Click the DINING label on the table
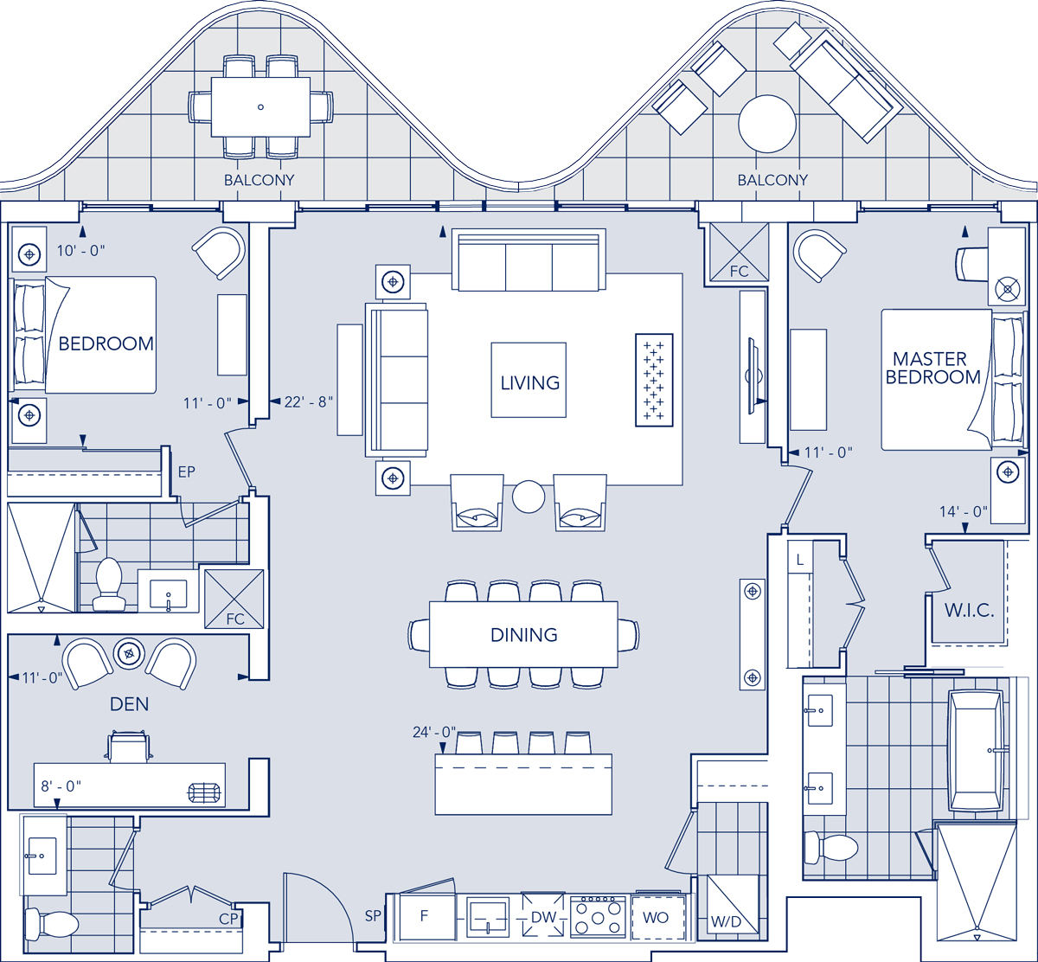point(523,634)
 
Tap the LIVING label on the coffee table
point(529,382)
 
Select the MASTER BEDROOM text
point(932,368)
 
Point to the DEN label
point(129,704)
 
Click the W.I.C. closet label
point(969,609)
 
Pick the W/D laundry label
point(726,922)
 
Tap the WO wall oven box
point(657,917)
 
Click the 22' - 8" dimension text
point(308,401)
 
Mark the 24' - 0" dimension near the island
point(434,732)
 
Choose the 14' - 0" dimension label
point(964,511)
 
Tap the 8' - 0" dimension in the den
point(61,786)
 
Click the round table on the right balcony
point(766,124)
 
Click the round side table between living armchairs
point(528,497)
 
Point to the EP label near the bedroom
point(186,472)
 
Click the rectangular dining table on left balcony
point(260,106)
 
